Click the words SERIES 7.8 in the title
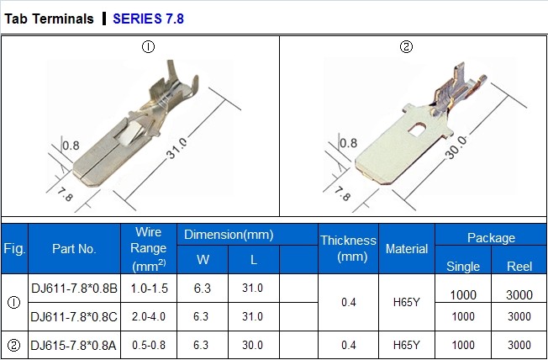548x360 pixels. pyautogui.click(x=148, y=19)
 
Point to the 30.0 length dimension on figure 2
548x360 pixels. pyautogui.click(x=456, y=147)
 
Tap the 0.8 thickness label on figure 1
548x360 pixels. pyautogui.click(x=71, y=146)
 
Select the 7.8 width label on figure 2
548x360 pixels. pyautogui.click(x=342, y=193)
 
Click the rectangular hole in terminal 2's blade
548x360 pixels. pyautogui.click(x=417, y=130)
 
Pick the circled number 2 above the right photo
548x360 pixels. pyautogui.click(x=406, y=47)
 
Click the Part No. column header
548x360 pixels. pyautogui.click(x=74, y=249)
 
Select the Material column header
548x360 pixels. pyautogui.click(x=407, y=249)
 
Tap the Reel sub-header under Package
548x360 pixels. pyautogui.click(x=519, y=267)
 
